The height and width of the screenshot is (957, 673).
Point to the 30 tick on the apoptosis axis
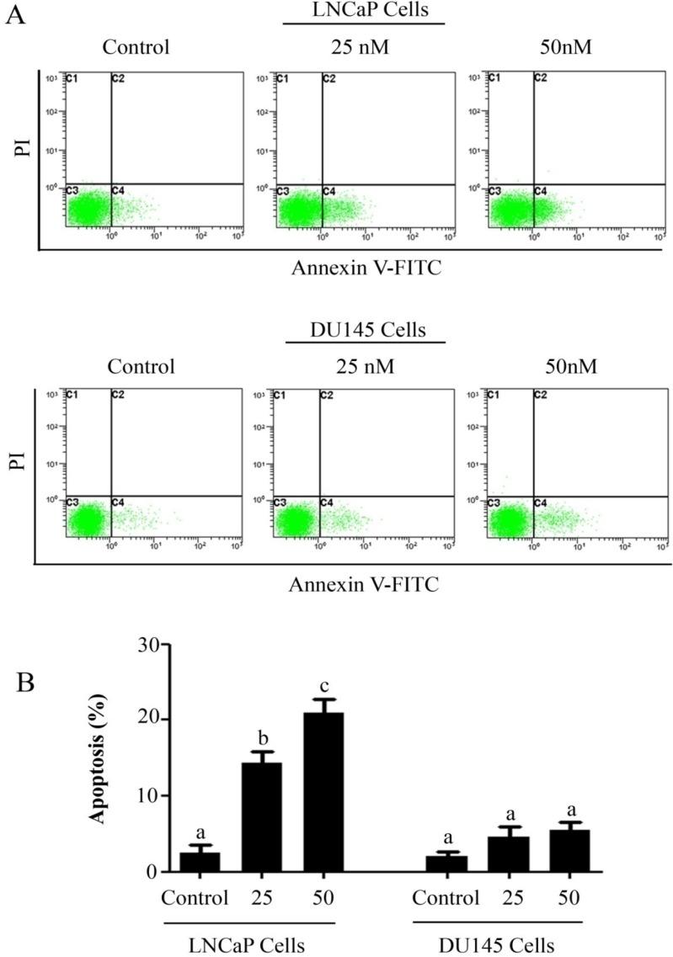click(x=152, y=644)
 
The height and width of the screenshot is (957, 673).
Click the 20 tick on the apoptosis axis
click(x=152, y=720)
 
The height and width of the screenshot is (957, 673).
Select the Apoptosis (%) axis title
click(x=100, y=758)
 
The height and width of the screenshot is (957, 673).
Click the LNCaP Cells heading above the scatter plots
click(x=363, y=10)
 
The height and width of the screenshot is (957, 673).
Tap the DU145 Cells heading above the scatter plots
click(x=365, y=328)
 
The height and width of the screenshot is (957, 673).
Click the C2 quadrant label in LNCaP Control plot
click(x=118, y=79)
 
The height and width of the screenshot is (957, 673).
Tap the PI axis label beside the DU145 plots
click(x=17, y=460)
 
